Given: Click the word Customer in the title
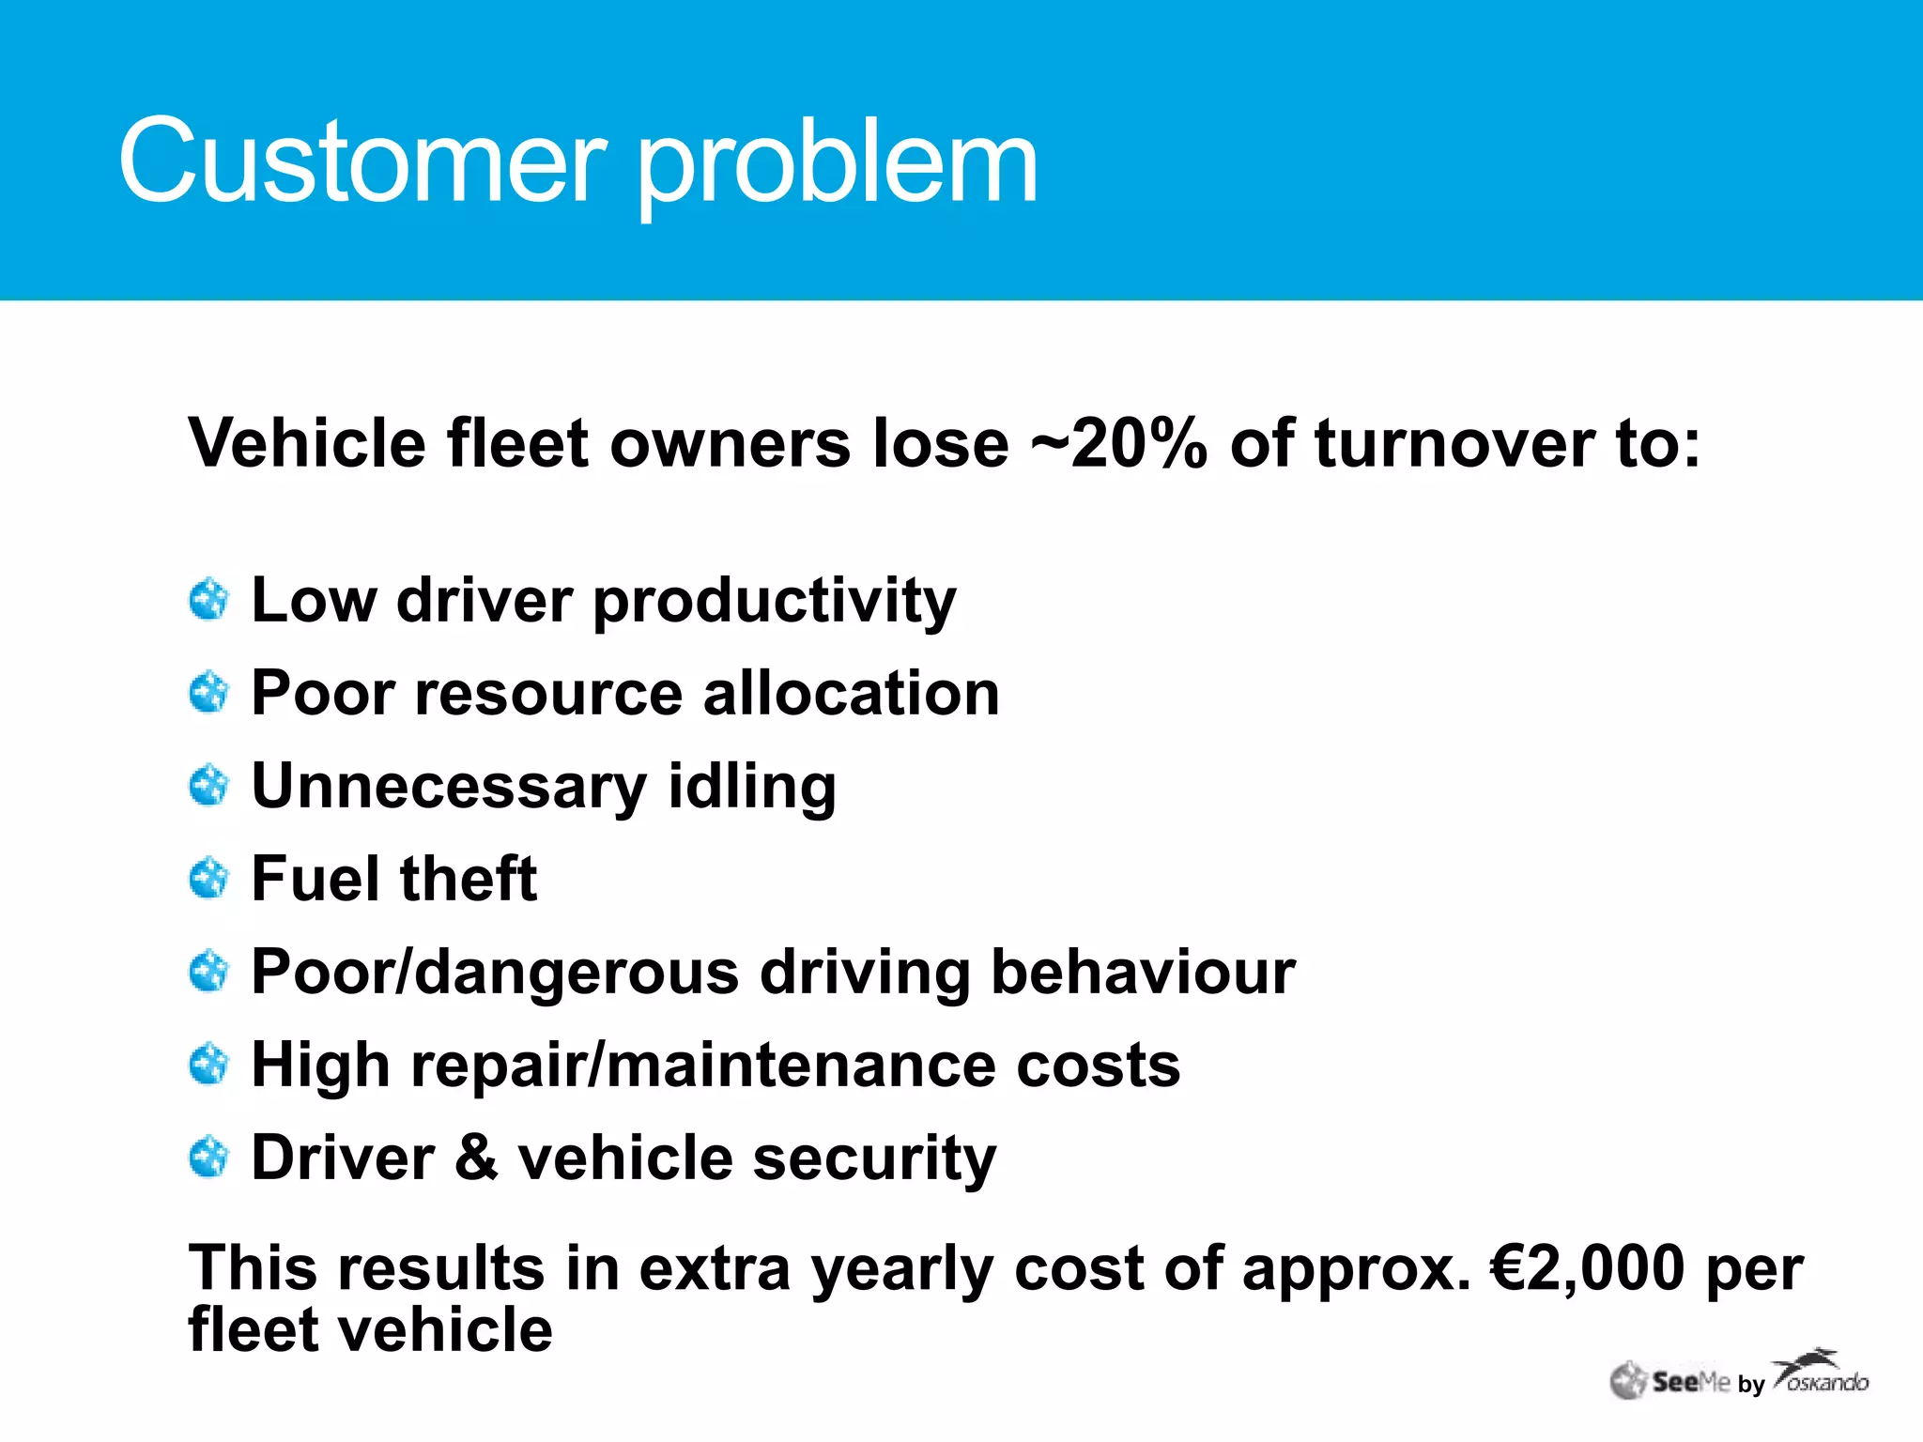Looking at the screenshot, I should (362, 161).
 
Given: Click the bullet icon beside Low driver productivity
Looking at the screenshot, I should (208, 600).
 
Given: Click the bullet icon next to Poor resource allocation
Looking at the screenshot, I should (208, 693).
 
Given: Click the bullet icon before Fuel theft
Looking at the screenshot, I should (208, 879).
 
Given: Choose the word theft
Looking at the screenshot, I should (469, 879).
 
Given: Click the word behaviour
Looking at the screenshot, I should (1143, 972).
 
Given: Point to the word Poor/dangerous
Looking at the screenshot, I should (495, 974).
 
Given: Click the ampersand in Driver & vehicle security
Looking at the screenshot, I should (477, 1158).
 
